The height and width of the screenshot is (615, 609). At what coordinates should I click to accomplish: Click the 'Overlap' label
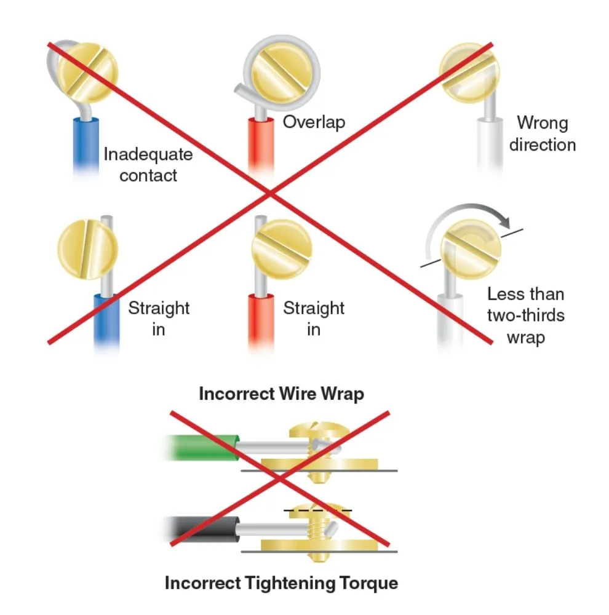[x=314, y=122]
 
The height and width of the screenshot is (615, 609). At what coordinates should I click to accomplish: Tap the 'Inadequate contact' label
[x=148, y=164]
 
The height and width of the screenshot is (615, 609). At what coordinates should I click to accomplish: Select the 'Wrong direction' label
[x=542, y=133]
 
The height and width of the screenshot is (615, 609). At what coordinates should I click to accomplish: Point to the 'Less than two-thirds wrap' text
[x=525, y=315]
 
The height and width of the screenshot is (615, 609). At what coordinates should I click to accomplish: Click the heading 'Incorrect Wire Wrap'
[x=281, y=394]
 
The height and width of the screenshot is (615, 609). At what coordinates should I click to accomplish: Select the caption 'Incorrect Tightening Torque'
[x=281, y=582]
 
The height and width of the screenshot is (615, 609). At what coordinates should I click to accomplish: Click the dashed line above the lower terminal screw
[x=317, y=510]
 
